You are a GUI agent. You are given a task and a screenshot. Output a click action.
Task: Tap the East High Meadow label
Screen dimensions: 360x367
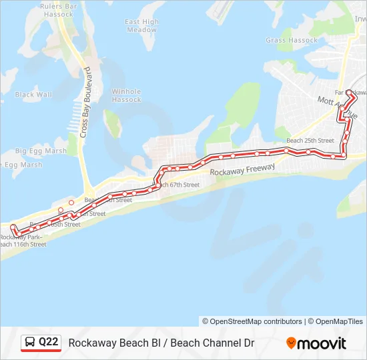(x=141, y=26)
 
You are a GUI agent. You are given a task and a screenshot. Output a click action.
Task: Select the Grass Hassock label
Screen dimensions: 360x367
(x=292, y=41)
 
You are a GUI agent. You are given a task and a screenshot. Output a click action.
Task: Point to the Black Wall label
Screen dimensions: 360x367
(x=33, y=95)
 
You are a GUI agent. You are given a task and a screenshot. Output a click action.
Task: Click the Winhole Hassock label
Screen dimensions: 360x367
(x=126, y=95)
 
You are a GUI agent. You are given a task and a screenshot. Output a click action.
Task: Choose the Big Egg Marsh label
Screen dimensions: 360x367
(x=41, y=151)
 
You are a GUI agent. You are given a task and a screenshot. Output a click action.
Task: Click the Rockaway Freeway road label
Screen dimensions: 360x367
(x=242, y=171)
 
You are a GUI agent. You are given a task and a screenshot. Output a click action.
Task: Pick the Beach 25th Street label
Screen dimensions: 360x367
(x=310, y=141)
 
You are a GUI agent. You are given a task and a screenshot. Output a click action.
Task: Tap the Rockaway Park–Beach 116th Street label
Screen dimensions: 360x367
(x=22, y=241)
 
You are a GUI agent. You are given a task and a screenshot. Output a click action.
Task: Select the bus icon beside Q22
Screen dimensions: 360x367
(x=30, y=343)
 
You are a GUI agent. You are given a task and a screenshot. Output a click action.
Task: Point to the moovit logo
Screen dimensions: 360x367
(x=316, y=343)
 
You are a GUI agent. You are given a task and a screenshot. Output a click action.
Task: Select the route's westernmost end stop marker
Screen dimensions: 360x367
(x=13, y=227)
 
